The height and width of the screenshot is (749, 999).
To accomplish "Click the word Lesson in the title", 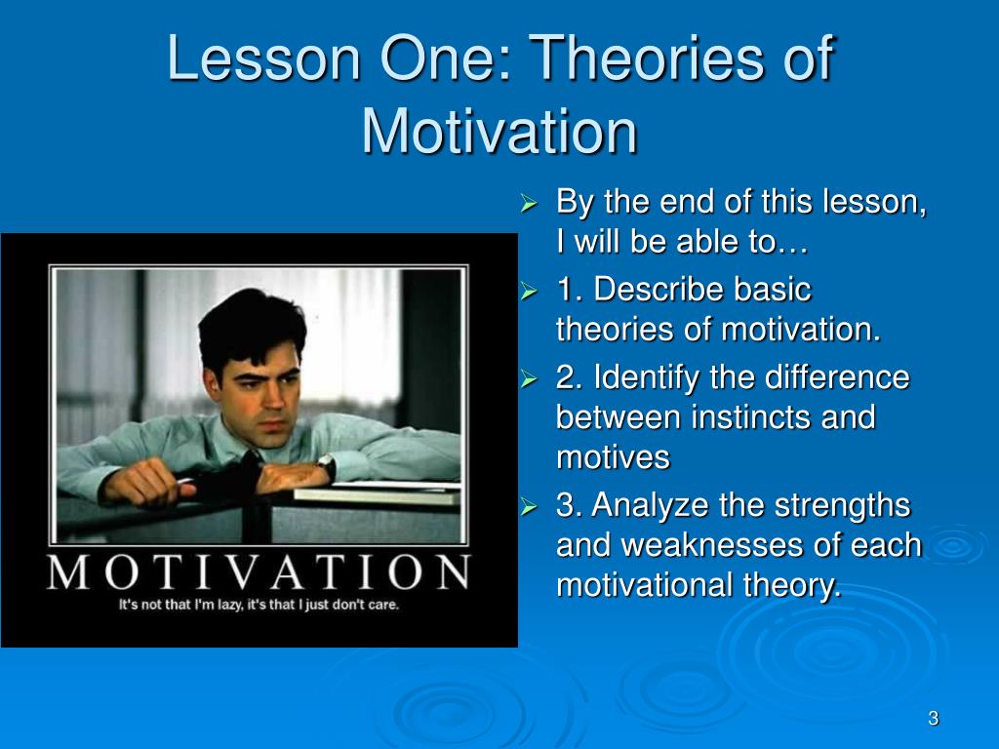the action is coord(263,58).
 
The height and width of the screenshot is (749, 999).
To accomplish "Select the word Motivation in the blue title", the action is coord(499,132).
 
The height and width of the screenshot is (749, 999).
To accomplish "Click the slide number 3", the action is coord(934,719).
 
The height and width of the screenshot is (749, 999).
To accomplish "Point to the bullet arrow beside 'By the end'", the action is coord(529,203).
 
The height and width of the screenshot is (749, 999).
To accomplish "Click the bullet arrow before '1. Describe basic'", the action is coord(529,291).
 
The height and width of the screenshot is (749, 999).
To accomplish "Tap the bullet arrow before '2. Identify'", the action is coord(529,379).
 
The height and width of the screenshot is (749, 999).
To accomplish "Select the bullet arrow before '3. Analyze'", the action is coord(529,506).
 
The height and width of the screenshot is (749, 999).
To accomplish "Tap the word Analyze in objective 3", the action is coord(650,506).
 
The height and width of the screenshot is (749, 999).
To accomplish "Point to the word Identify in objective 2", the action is coord(646,377).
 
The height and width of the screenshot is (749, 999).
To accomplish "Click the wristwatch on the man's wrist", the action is coord(327,465).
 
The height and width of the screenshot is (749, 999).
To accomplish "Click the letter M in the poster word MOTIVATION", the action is coord(68,572).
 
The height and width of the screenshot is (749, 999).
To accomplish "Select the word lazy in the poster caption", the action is coord(230,605).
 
